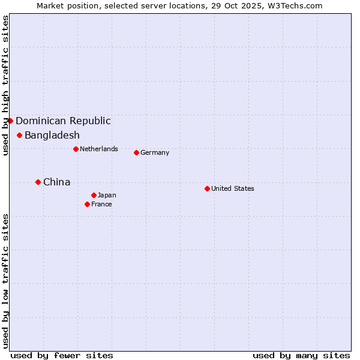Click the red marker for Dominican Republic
click(10, 121)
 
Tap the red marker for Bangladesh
click(20, 135)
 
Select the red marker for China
click(38, 182)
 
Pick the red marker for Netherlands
click(76, 149)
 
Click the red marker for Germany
click(136, 152)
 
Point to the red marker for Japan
click(94, 195)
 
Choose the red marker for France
click(87, 204)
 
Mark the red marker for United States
click(207, 188)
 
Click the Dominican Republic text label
click(63, 121)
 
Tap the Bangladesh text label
click(52, 135)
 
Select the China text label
click(57, 182)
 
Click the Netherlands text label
click(99, 149)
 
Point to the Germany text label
click(155, 152)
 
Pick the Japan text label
click(107, 195)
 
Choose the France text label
click(101, 204)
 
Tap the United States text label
click(233, 188)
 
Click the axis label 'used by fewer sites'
click(62, 355)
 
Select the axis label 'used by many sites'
click(301, 355)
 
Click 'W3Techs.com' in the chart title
click(295, 5)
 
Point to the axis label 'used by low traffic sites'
click(5, 280)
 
